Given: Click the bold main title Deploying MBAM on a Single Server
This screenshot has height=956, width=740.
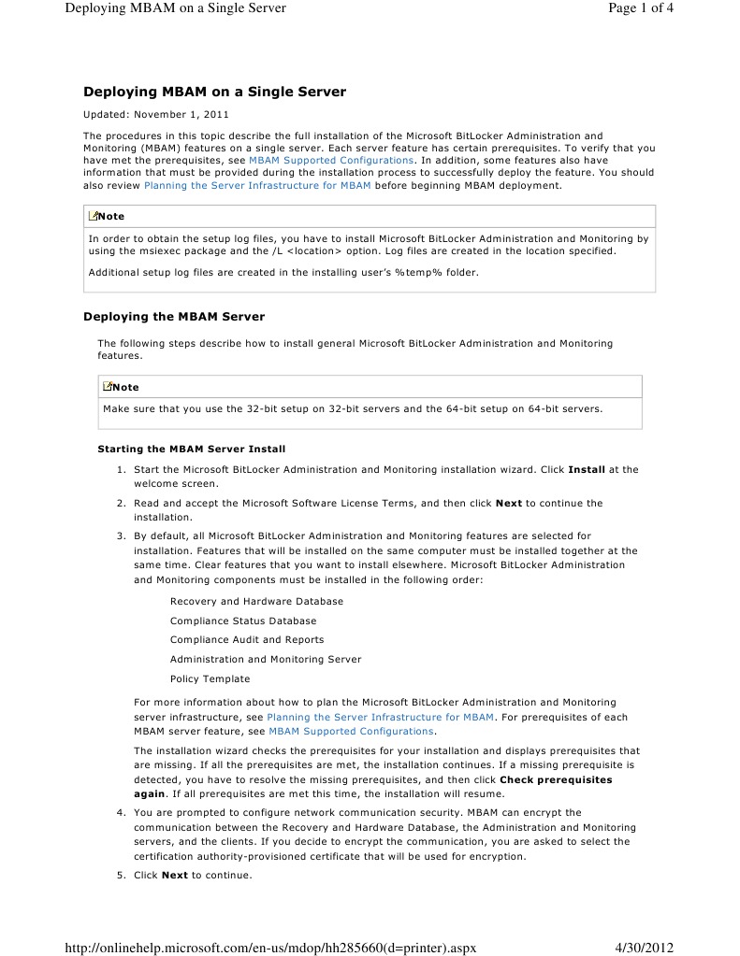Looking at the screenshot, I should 214,92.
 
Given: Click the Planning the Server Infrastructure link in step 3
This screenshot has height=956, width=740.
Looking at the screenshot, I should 380,718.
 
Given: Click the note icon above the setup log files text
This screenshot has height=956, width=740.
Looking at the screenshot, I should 93,216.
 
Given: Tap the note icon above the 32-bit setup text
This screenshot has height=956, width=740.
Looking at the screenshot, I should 108,387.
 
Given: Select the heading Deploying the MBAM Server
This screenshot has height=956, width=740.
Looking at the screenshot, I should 174,317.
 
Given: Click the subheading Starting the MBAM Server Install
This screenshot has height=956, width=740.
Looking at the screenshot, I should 192,449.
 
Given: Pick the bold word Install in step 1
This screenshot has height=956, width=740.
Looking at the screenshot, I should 587,469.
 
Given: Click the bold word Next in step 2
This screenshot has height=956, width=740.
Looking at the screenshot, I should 509,503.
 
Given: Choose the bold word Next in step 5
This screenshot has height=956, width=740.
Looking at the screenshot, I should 175,876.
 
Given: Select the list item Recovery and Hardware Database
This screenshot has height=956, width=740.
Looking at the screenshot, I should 256,601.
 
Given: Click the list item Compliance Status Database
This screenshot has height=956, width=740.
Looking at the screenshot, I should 243,621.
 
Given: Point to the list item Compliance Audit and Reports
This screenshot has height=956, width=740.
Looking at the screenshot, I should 247,640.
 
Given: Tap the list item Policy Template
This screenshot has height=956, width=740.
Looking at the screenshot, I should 210,679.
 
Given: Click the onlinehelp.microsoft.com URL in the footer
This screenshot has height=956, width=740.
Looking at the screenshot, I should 270,947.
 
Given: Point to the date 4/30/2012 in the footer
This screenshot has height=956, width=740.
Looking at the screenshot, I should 645,947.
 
